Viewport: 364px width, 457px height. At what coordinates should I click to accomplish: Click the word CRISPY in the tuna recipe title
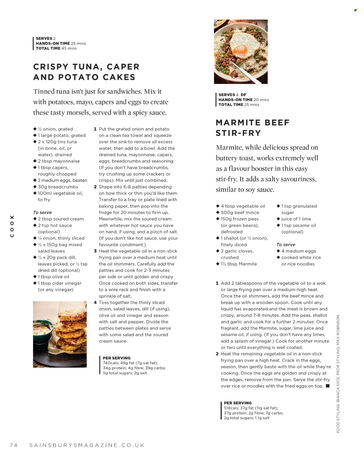(x=51, y=67)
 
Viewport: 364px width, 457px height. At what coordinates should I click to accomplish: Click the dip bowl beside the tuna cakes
(x=43, y=330)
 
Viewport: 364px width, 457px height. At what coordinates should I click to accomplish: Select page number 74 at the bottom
(x=14, y=445)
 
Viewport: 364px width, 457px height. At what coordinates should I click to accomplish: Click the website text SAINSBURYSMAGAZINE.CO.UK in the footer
(x=87, y=445)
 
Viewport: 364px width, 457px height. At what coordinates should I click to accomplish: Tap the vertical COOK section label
(x=12, y=226)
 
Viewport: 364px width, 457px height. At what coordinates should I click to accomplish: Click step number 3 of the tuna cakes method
(x=95, y=251)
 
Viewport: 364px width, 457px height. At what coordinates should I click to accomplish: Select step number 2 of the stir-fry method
(x=217, y=354)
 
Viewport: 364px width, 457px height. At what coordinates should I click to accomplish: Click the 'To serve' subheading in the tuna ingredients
(x=43, y=212)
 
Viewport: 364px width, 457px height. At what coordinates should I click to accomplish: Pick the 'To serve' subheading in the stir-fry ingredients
(x=286, y=245)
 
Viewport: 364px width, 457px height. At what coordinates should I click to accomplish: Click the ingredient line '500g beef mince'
(x=240, y=212)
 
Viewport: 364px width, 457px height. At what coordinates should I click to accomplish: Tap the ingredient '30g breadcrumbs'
(x=58, y=187)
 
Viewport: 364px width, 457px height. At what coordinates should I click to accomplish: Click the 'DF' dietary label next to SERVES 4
(x=243, y=95)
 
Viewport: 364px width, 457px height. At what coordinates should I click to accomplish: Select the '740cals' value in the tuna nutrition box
(x=111, y=363)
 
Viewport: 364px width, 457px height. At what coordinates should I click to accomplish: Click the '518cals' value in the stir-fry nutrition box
(x=232, y=408)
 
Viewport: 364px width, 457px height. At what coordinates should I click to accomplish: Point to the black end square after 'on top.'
(x=328, y=386)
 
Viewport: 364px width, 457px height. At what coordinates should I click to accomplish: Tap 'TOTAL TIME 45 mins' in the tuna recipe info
(x=56, y=48)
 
